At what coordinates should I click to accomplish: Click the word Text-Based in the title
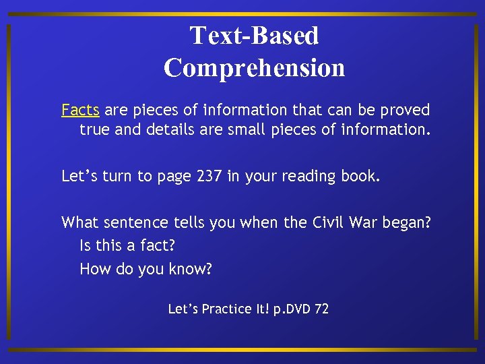254,36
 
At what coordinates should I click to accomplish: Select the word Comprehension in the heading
254,67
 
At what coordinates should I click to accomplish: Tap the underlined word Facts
80,110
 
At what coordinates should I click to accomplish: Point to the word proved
407,110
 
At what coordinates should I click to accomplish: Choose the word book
362,177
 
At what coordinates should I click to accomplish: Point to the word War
364,222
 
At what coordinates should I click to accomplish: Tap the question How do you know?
145,270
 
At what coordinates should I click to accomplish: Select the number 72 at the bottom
321,309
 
